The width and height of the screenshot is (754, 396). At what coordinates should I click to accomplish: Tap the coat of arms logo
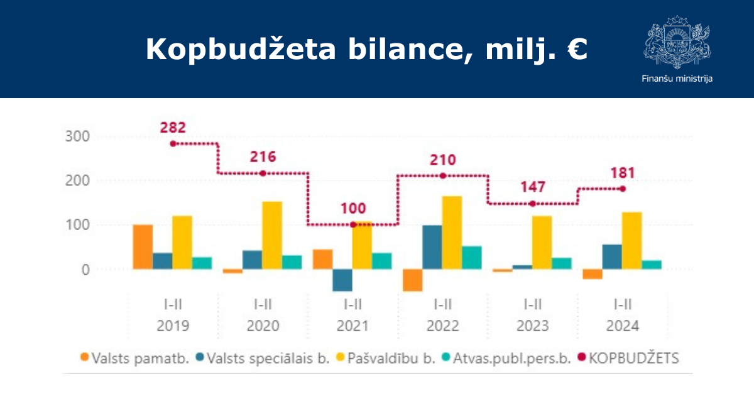(677, 41)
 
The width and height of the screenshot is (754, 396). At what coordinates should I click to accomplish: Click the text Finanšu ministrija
(677, 79)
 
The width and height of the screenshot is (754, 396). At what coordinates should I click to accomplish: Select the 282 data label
(173, 128)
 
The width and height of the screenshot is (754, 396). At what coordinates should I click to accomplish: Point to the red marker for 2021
(352, 224)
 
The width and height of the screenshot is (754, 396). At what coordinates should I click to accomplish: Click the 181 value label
(623, 173)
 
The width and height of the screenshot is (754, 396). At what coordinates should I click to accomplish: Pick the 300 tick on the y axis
(77, 136)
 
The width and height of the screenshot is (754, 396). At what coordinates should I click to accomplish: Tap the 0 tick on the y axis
(85, 270)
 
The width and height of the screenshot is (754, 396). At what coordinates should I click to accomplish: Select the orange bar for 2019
(143, 247)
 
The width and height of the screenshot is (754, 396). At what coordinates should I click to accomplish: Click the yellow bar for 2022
(452, 233)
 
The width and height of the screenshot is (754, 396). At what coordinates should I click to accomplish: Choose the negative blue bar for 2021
(342, 280)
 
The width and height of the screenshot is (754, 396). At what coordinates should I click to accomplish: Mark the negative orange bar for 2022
(413, 280)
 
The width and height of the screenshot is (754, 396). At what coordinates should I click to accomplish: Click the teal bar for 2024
(652, 265)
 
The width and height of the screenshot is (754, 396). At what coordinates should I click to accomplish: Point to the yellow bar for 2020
(272, 235)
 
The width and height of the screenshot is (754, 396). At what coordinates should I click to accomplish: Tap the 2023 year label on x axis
(533, 326)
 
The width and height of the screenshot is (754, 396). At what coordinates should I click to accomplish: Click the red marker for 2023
(533, 204)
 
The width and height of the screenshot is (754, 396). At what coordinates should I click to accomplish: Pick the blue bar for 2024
(612, 257)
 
